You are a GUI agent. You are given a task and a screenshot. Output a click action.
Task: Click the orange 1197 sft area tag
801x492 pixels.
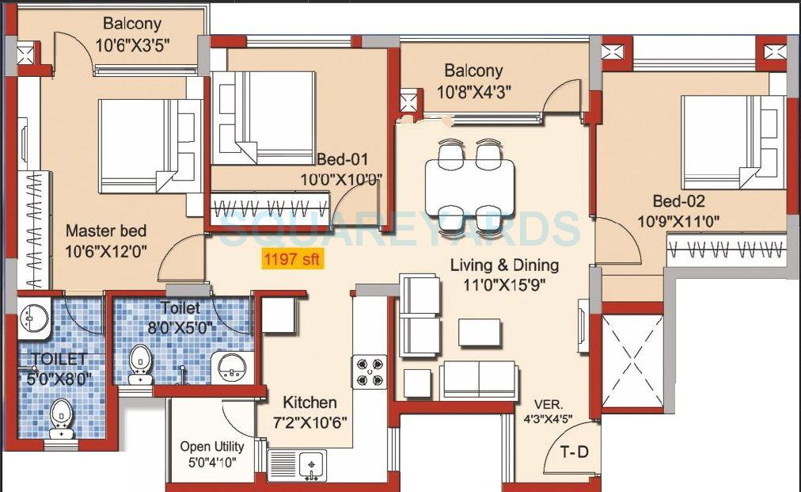point(293,258)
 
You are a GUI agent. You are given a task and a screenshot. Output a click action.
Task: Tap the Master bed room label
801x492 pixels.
point(105,231)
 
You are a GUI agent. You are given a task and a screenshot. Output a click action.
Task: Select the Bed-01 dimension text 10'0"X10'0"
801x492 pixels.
point(341,179)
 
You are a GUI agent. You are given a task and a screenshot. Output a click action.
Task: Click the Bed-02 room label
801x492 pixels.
point(678,201)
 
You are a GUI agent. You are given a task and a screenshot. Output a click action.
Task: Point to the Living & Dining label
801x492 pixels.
point(504,265)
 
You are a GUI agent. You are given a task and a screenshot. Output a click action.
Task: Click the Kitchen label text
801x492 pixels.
point(309,402)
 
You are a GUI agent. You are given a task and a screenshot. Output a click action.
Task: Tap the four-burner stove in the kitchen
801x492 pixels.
point(369,372)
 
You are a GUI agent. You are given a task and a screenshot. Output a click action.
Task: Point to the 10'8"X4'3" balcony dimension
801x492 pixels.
point(473,91)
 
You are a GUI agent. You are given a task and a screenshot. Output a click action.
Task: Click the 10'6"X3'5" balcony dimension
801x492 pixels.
point(133,45)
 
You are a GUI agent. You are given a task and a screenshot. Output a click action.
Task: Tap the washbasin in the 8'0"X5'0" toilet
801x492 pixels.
point(231,367)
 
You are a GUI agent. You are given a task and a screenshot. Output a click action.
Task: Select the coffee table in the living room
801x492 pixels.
point(479,332)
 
